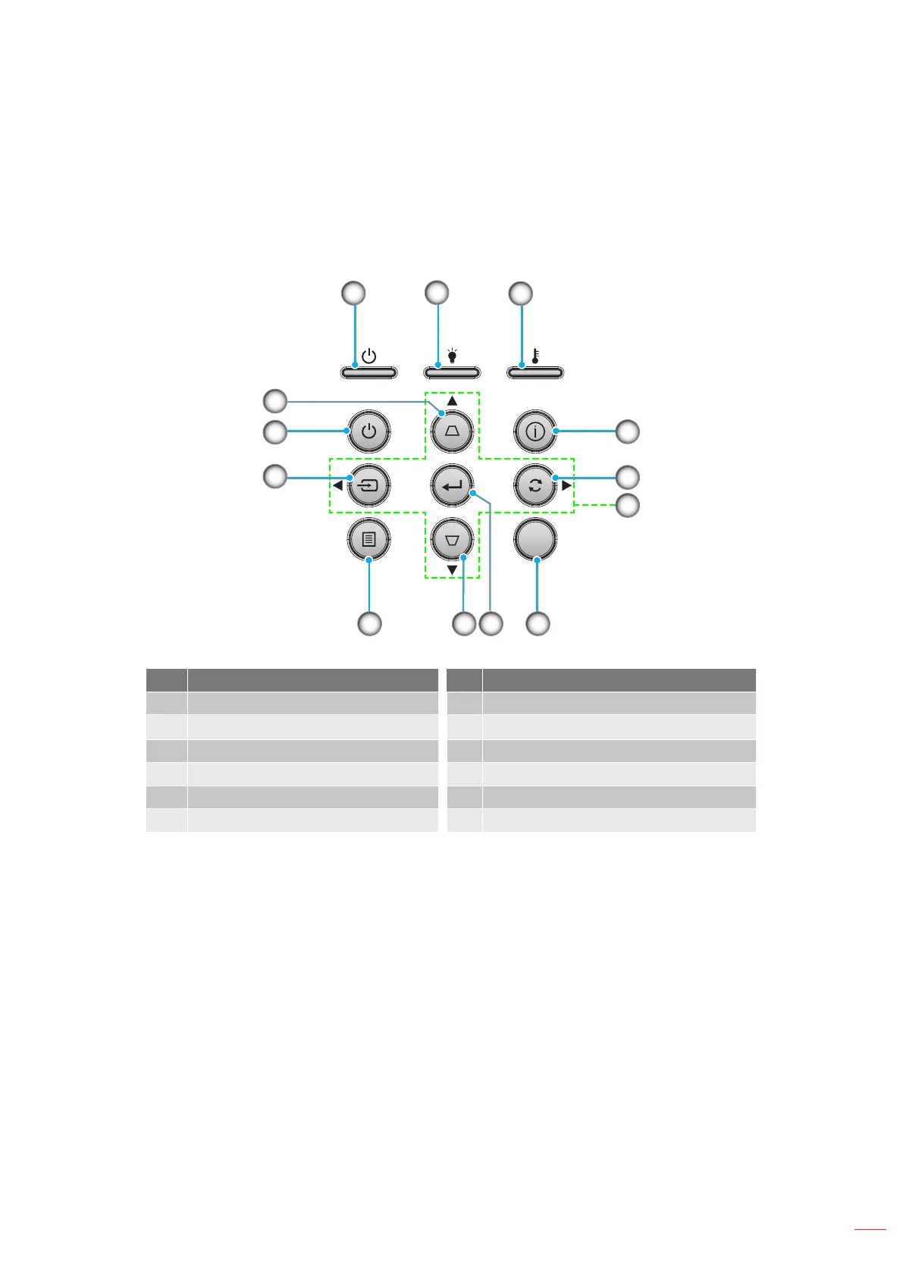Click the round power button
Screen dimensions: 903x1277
click(x=368, y=431)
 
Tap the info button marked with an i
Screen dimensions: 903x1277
click(x=535, y=431)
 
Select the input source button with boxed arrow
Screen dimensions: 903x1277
click(x=368, y=485)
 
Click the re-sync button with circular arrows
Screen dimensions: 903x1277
click(x=535, y=485)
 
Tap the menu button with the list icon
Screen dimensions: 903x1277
click(x=368, y=540)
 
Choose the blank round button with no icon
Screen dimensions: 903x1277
click(x=535, y=540)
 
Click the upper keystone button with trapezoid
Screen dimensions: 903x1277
click(x=452, y=431)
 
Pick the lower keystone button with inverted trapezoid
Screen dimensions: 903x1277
click(x=452, y=541)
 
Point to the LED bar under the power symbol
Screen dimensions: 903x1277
click(x=368, y=372)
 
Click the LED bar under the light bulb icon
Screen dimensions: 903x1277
click(x=452, y=372)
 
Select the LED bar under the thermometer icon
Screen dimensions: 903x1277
click(x=535, y=372)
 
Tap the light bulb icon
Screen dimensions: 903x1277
click(x=452, y=355)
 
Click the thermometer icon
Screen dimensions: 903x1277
click(x=535, y=355)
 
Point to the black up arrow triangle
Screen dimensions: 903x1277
click(x=452, y=400)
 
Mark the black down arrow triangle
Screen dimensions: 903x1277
click(x=452, y=569)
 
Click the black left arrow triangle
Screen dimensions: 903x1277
click(x=337, y=485)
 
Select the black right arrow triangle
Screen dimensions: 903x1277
click(x=566, y=485)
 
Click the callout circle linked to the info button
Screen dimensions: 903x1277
click(x=627, y=431)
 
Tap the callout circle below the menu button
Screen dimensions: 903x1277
click(x=369, y=624)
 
